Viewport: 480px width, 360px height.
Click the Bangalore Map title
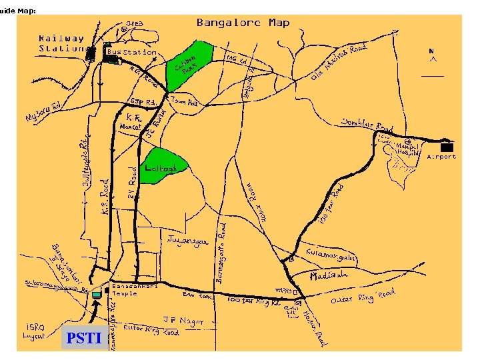(x=243, y=23)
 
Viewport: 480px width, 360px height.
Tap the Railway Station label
(x=61, y=44)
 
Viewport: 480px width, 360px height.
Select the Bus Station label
(x=131, y=52)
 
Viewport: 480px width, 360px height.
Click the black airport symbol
(x=447, y=146)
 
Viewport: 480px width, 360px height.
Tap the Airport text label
(x=441, y=157)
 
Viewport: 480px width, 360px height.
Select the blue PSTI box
(x=83, y=339)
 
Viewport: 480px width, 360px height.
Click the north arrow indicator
(x=433, y=56)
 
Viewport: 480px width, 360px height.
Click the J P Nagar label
(x=179, y=319)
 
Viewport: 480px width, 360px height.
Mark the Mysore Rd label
(x=43, y=113)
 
